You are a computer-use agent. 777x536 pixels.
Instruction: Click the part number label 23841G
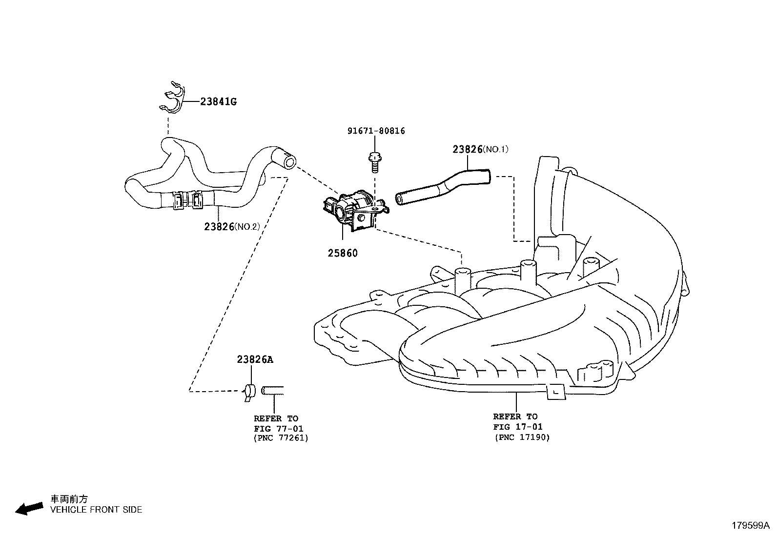tap(218, 102)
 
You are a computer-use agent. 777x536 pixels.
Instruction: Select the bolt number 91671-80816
tap(376, 131)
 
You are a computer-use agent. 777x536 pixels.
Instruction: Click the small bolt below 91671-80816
tap(374, 162)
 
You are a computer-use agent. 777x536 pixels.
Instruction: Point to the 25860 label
tap(342, 254)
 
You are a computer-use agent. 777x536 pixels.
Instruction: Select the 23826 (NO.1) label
tap(480, 149)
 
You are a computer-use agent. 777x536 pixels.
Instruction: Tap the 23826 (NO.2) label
tap(232, 227)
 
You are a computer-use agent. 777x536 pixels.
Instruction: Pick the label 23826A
tap(255, 359)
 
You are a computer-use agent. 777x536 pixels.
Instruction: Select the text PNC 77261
tap(281, 438)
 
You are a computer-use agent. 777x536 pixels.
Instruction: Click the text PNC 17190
tap(522, 437)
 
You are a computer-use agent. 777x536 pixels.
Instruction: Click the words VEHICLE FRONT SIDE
tap(96, 510)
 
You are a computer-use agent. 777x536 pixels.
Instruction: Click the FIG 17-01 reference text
tap(518, 427)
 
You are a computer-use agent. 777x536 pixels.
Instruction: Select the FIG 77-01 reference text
tap(278, 428)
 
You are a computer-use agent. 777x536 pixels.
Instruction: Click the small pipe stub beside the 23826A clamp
tap(273, 390)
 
